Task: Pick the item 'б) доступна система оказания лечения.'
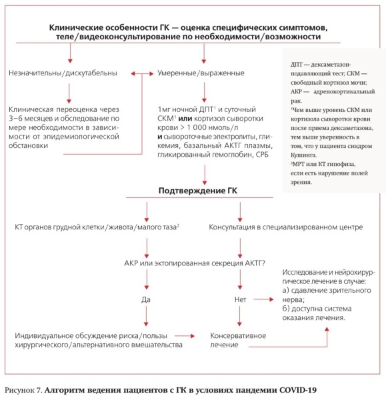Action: pos(324,314)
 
